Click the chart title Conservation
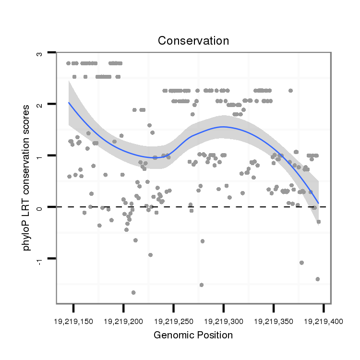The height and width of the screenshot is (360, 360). click(x=193, y=41)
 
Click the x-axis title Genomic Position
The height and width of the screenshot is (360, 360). click(x=193, y=335)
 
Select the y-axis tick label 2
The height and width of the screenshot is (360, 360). click(x=39, y=104)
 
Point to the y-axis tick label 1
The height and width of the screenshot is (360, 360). click(x=39, y=156)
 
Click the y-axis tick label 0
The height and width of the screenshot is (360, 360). click(x=39, y=207)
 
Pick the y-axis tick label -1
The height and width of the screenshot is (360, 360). click(x=39, y=260)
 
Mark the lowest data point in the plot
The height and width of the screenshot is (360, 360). click(x=133, y=292)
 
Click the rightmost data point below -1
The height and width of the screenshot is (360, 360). click(x=318, y=279)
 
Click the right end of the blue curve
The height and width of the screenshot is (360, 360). click(x=318, y=204)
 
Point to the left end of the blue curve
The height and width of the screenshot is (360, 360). click(x=69, y=103)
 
